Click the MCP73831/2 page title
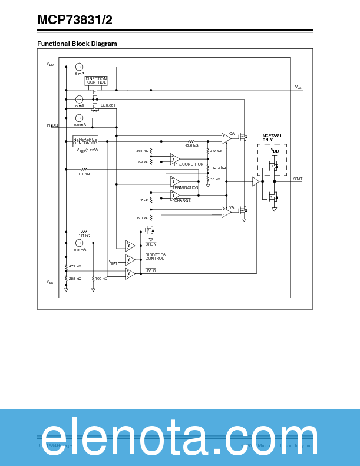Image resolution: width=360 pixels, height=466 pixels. (75, 20)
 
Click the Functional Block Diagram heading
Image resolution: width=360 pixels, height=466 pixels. (77, 44)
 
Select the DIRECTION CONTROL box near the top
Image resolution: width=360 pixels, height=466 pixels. (96, 81)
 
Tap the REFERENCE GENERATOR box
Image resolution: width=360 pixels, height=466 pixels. (85, 141)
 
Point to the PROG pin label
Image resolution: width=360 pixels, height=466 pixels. (52, 125)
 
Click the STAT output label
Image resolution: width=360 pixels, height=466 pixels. (298, 178)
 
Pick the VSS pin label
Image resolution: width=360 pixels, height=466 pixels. (50, 282)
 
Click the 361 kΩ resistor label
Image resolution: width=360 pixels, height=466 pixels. (143, 151)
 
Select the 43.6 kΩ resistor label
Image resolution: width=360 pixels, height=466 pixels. (191, 145)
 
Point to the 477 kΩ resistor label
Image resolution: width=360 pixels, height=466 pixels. (75, 266)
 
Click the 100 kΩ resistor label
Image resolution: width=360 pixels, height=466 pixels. (101, 278)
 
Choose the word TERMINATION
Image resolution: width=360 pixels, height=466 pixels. (185, 187)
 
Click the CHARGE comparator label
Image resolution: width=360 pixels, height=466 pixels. (182, 200)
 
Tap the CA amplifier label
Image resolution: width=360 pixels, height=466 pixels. (232, 133)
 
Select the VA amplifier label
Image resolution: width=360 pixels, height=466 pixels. (232, 207)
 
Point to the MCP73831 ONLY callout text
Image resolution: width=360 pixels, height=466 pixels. (272, 138)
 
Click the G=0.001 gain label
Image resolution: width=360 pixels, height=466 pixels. (108, 105)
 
